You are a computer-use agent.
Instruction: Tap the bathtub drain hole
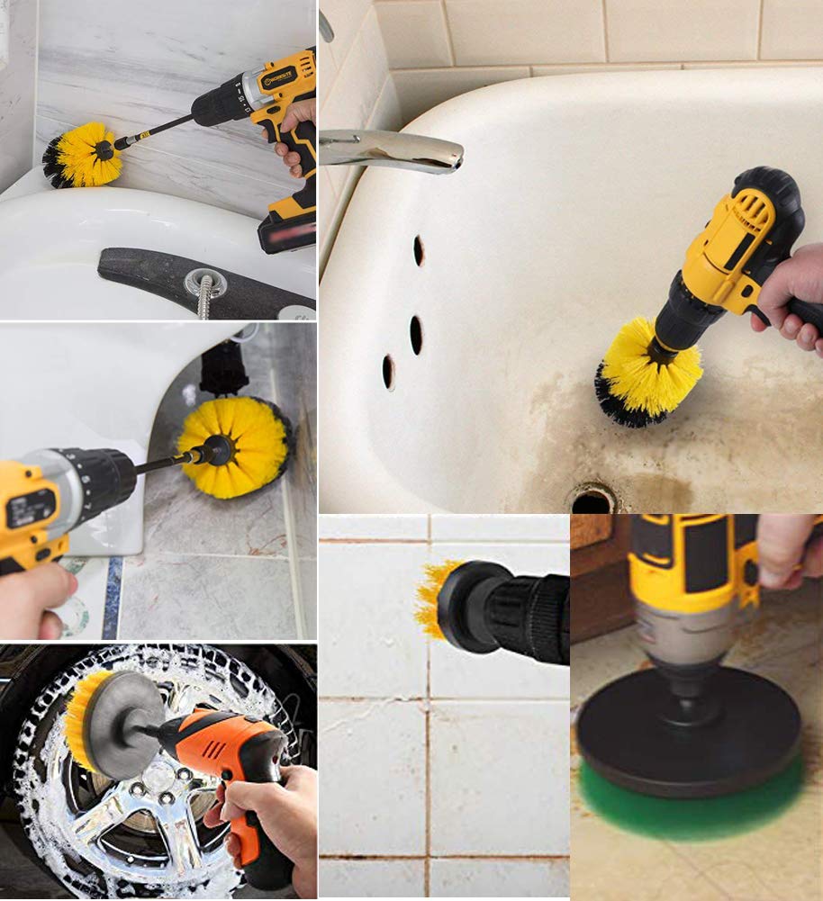point(591,501)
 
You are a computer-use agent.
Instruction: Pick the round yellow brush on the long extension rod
point(83,155)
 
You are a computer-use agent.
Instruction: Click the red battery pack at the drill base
point(286,230)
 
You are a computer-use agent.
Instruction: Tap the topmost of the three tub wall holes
point(419,250)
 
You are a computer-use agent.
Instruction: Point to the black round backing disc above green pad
point(688,729)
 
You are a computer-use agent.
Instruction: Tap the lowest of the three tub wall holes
point(388,371)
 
